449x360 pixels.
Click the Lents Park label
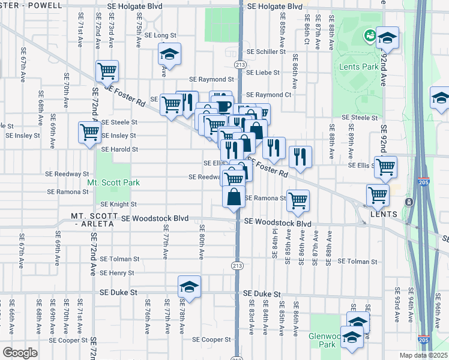(x=359, y=67)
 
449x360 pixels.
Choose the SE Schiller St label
(x=265, y=52)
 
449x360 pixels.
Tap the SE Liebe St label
(x=262, y=72)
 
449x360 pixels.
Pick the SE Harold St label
(x=119, y=149)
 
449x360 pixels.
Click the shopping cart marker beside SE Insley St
(x=90, y=131)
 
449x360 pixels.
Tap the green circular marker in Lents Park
(x=369, y=37)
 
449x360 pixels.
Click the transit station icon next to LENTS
(x=409, y=202)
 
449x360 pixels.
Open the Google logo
(x=20, y=353)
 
